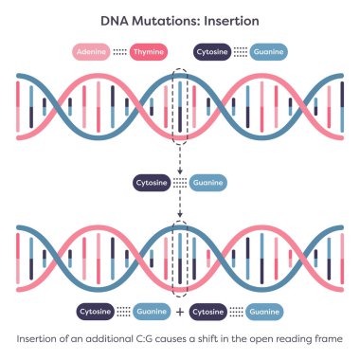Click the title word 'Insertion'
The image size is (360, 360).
[x=227, y=19]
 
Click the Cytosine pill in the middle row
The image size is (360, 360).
[x=156, y=183]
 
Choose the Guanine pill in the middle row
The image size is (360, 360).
[x=207, y=183]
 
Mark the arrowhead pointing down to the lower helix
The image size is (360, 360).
[x=180, y=216]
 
